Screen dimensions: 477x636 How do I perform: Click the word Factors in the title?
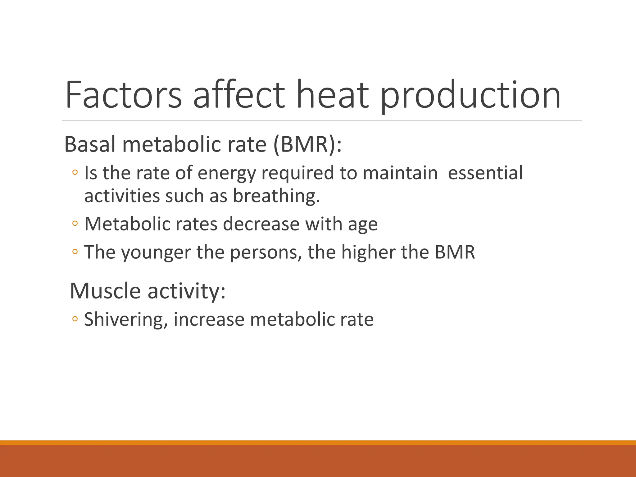(123, 95)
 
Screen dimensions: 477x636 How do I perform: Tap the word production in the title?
(470, 95)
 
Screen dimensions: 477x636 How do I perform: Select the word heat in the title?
(333, 95)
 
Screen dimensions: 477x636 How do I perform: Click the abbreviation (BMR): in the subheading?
(307, 144)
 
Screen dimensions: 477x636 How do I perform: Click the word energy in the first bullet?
(226, 173)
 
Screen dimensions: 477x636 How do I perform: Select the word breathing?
(276, 196)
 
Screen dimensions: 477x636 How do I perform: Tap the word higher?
(368, 252)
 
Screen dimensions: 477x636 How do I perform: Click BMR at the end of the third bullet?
(455, 252)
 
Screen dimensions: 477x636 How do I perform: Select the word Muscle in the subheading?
(105, 291)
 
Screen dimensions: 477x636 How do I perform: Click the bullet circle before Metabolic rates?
(75, 223)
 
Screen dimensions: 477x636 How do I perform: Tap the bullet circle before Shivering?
(75, 319)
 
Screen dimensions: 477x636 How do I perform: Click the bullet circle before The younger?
(75, 251)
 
